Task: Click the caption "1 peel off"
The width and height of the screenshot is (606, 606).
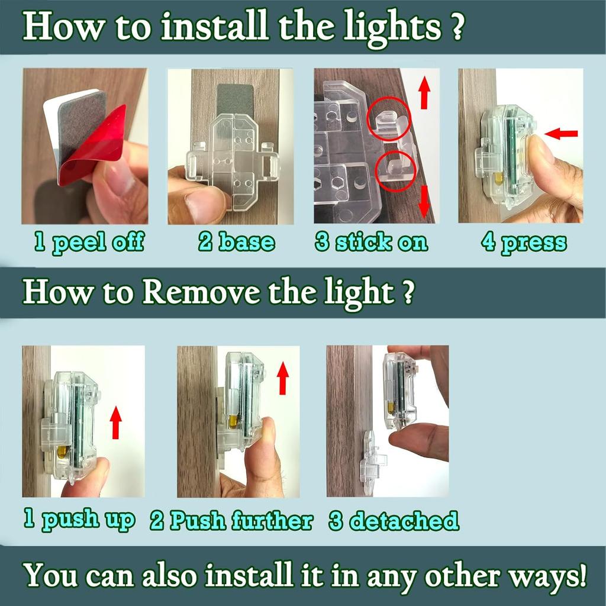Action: tap(89, 243)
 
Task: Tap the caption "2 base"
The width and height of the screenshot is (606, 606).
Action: tap(237, 242)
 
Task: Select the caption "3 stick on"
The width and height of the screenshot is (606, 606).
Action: tap(372, 242)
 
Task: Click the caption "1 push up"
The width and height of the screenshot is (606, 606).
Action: tap(80, 519)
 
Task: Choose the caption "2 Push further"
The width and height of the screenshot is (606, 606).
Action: tap(231, 520)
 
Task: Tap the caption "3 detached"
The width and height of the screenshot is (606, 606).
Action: tap(394, 520)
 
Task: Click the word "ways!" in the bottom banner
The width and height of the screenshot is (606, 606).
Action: tap(547, 576)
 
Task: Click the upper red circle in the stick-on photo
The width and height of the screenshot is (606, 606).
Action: tap(389, 118)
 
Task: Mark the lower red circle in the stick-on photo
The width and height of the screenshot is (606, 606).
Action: tap(396, 171)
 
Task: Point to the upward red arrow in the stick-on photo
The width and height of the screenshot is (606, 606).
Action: tap(424, 92)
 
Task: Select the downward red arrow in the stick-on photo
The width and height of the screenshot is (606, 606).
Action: tap(424, 201)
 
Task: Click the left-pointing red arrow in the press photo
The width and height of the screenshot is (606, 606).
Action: tap(561, 134)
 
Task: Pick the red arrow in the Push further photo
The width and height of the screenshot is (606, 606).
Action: tap(283, 378)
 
